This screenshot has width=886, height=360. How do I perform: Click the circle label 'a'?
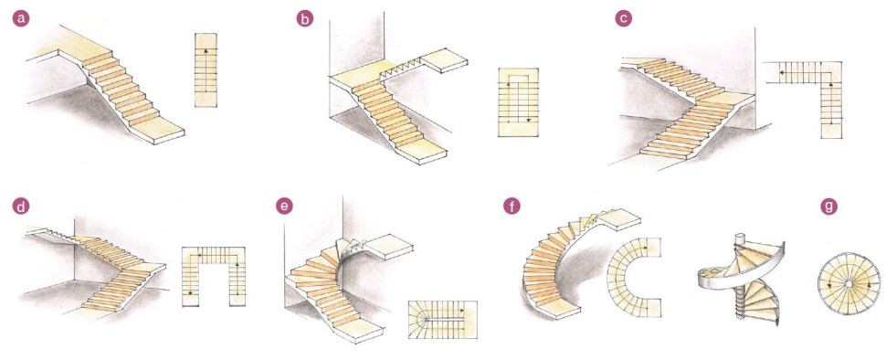(x=22, y=18)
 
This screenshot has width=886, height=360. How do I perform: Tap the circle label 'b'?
(x=304, y=18)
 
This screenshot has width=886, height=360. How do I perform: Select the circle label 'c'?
(x=623, y=18)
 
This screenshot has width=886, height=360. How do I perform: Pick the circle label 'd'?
(x=22, y=206)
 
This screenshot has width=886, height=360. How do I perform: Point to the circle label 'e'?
(x=284, y=206)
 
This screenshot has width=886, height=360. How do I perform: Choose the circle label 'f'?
(x=512, y=206)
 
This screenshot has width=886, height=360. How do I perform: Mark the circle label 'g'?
(x=829, y=206)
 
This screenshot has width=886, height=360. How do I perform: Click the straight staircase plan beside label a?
(x=206, y=70)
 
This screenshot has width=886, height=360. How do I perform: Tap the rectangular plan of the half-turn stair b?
(x=518, y=102)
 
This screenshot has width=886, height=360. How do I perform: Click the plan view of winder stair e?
(x=442, y=320)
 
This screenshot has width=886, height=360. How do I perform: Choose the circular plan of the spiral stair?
(x=849, y=283)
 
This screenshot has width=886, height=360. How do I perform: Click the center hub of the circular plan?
(x=849, y=283)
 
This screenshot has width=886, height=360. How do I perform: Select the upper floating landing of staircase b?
(x=445, y=60)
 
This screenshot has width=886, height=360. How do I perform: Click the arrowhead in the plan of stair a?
(x=206, y=51)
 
